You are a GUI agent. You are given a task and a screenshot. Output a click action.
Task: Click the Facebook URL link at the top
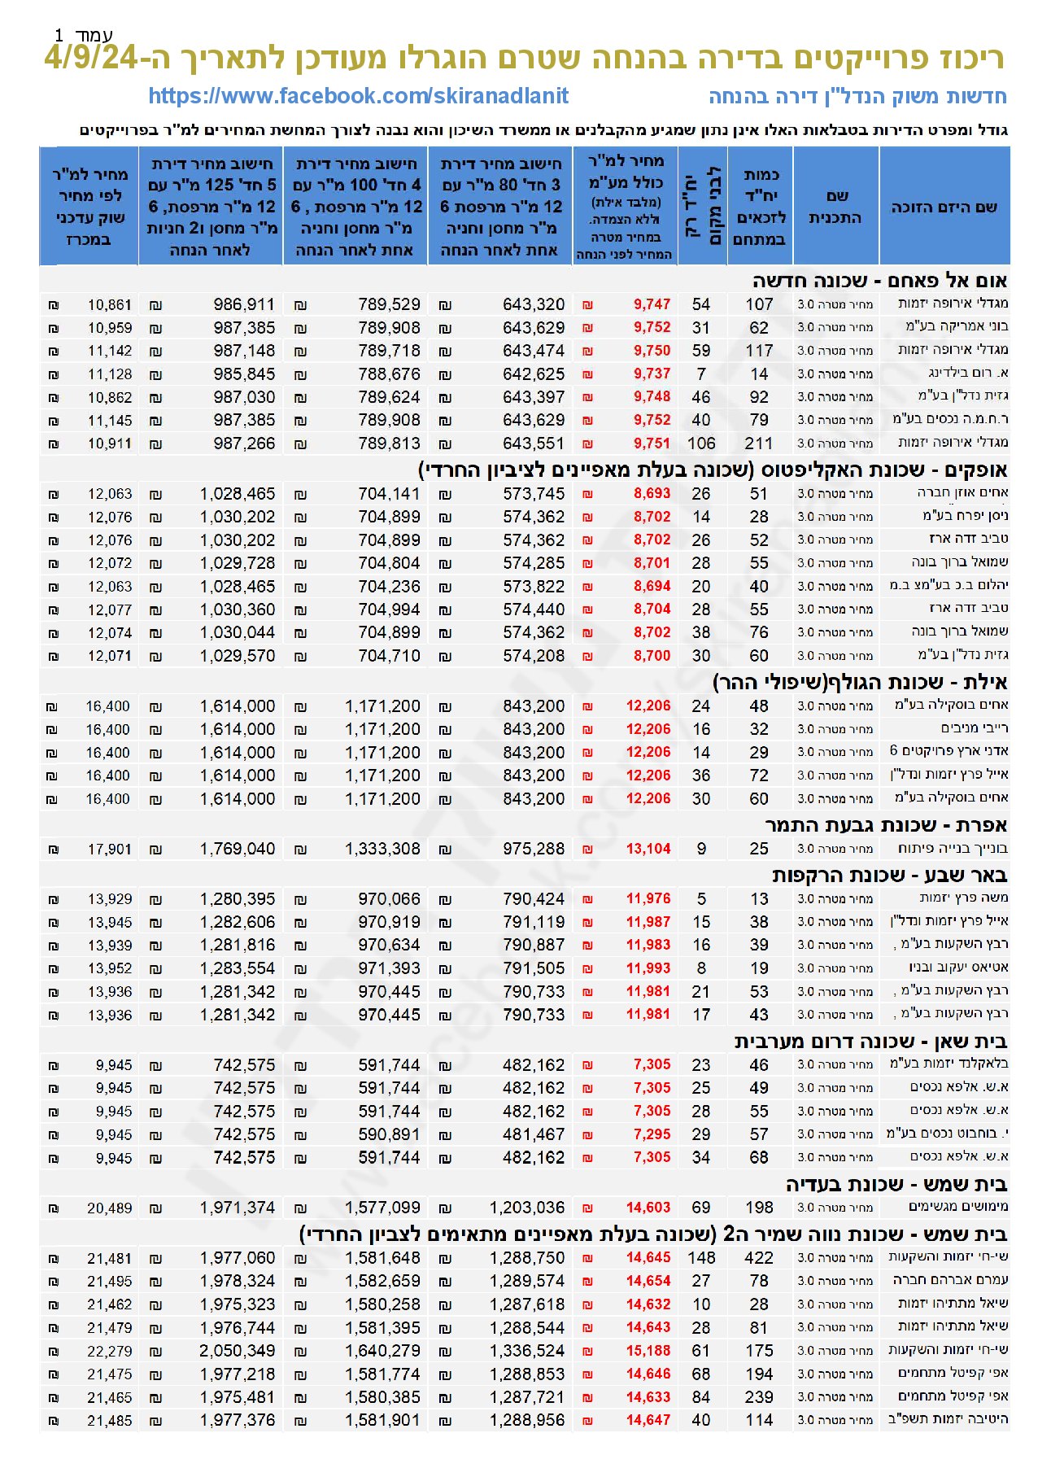pyautogui.click(x=358, y=96)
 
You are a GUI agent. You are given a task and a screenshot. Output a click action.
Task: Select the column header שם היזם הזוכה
pyautogui.click(x=944, y=207)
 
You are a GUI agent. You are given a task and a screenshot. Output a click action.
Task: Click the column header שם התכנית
pyautogui.click(x=835, y=207)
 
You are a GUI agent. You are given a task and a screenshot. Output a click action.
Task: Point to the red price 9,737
pyautogui.click(x=652, y=374)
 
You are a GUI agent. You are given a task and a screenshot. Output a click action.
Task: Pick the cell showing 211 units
pyautogui.click(x=758, y=443)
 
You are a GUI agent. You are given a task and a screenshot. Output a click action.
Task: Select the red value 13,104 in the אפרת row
pyautogui.click(x=648, y=849)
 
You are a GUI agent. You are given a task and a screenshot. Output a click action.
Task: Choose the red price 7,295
pyautogui.click(x=652, y=1134)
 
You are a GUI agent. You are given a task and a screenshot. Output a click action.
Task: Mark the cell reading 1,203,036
pyautogui.click(x=526, y=1208)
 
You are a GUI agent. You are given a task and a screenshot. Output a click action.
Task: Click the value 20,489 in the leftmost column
pyautogui.click(x=109, y=1208)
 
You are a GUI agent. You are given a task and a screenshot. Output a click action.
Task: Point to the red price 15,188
pyautogui.click(x=648, y=1351)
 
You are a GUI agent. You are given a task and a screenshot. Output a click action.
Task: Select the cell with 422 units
pyautogui.click(x=758, y=1258)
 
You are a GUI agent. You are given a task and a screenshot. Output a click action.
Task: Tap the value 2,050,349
pyautogui.click(x=238, y=1351)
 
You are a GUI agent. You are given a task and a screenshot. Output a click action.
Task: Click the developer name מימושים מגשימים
pyautogui.click(x=958, y=1207)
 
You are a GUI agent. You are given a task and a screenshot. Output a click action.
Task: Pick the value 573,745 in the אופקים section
pyautogui.click(x=533, y=494)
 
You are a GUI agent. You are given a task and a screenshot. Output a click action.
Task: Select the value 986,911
pyautogui.click(x=244, y=304)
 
